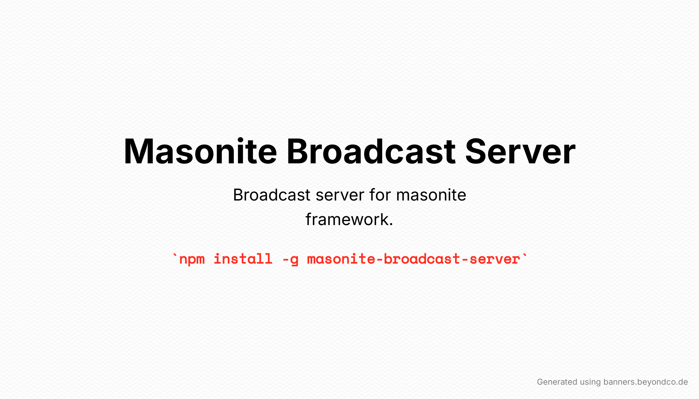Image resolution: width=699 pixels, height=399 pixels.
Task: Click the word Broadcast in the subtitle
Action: pyautogui.click(x=272, y=195)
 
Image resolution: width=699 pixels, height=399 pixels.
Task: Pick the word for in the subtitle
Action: pyautogui.click(x=380, y=195)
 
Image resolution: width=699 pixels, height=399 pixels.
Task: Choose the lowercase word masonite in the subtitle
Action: pyautogui.click(x=431, y=195)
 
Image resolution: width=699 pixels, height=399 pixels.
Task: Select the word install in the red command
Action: pyautogui.click(x=243, y=259)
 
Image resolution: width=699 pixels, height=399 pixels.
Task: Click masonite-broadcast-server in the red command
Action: pyautogui.click(x=414, y=259)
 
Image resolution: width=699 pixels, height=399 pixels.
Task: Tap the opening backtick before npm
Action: pyautogui.click(x=175, y=255)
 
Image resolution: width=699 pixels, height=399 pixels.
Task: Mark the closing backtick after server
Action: pyautogui.click(x=525, y=255)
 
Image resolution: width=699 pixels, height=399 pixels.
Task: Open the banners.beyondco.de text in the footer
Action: pyautogui.click(x=646, y=382)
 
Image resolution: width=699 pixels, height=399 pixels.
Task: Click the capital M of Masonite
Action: pyautogui.click(x=140, y=151)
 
